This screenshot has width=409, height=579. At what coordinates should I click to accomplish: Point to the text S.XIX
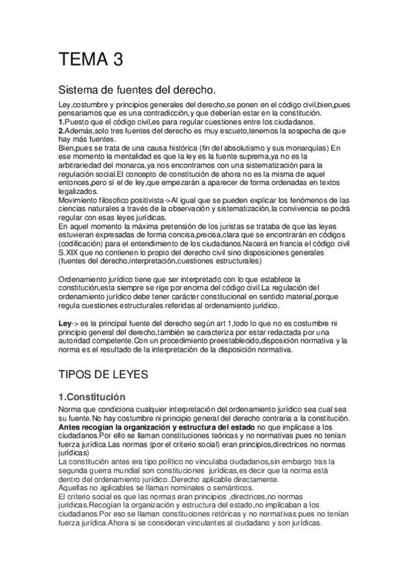pyautogui.click(x=69, y=252)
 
